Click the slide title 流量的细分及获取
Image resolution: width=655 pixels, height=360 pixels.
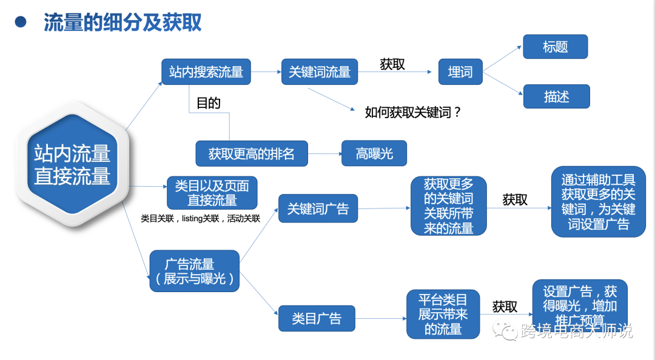123,22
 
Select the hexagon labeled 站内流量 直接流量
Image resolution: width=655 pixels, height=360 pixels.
72,164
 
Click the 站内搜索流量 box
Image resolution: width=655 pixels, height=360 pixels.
206,72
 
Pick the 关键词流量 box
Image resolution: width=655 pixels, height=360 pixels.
320,72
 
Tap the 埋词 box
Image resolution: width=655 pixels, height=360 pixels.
460,72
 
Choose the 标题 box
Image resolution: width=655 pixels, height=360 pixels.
556,47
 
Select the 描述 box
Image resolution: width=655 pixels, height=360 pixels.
556,96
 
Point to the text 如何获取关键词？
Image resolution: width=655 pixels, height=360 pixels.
413,112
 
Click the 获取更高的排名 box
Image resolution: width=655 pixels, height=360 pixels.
252,153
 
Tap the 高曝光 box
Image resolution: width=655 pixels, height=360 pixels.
374,153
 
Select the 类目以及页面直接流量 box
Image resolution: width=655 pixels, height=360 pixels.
212,193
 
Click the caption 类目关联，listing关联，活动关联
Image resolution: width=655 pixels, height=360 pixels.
200,219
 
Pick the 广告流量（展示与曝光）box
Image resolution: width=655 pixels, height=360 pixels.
194,272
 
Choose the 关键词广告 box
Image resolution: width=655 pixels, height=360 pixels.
318,210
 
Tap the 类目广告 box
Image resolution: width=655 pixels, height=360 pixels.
317,318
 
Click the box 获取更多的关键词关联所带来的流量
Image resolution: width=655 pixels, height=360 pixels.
449,206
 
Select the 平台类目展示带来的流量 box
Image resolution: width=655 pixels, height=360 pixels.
443,314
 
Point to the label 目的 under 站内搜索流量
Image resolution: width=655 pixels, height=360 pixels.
209,103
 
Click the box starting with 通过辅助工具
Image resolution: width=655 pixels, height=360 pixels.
598,202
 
